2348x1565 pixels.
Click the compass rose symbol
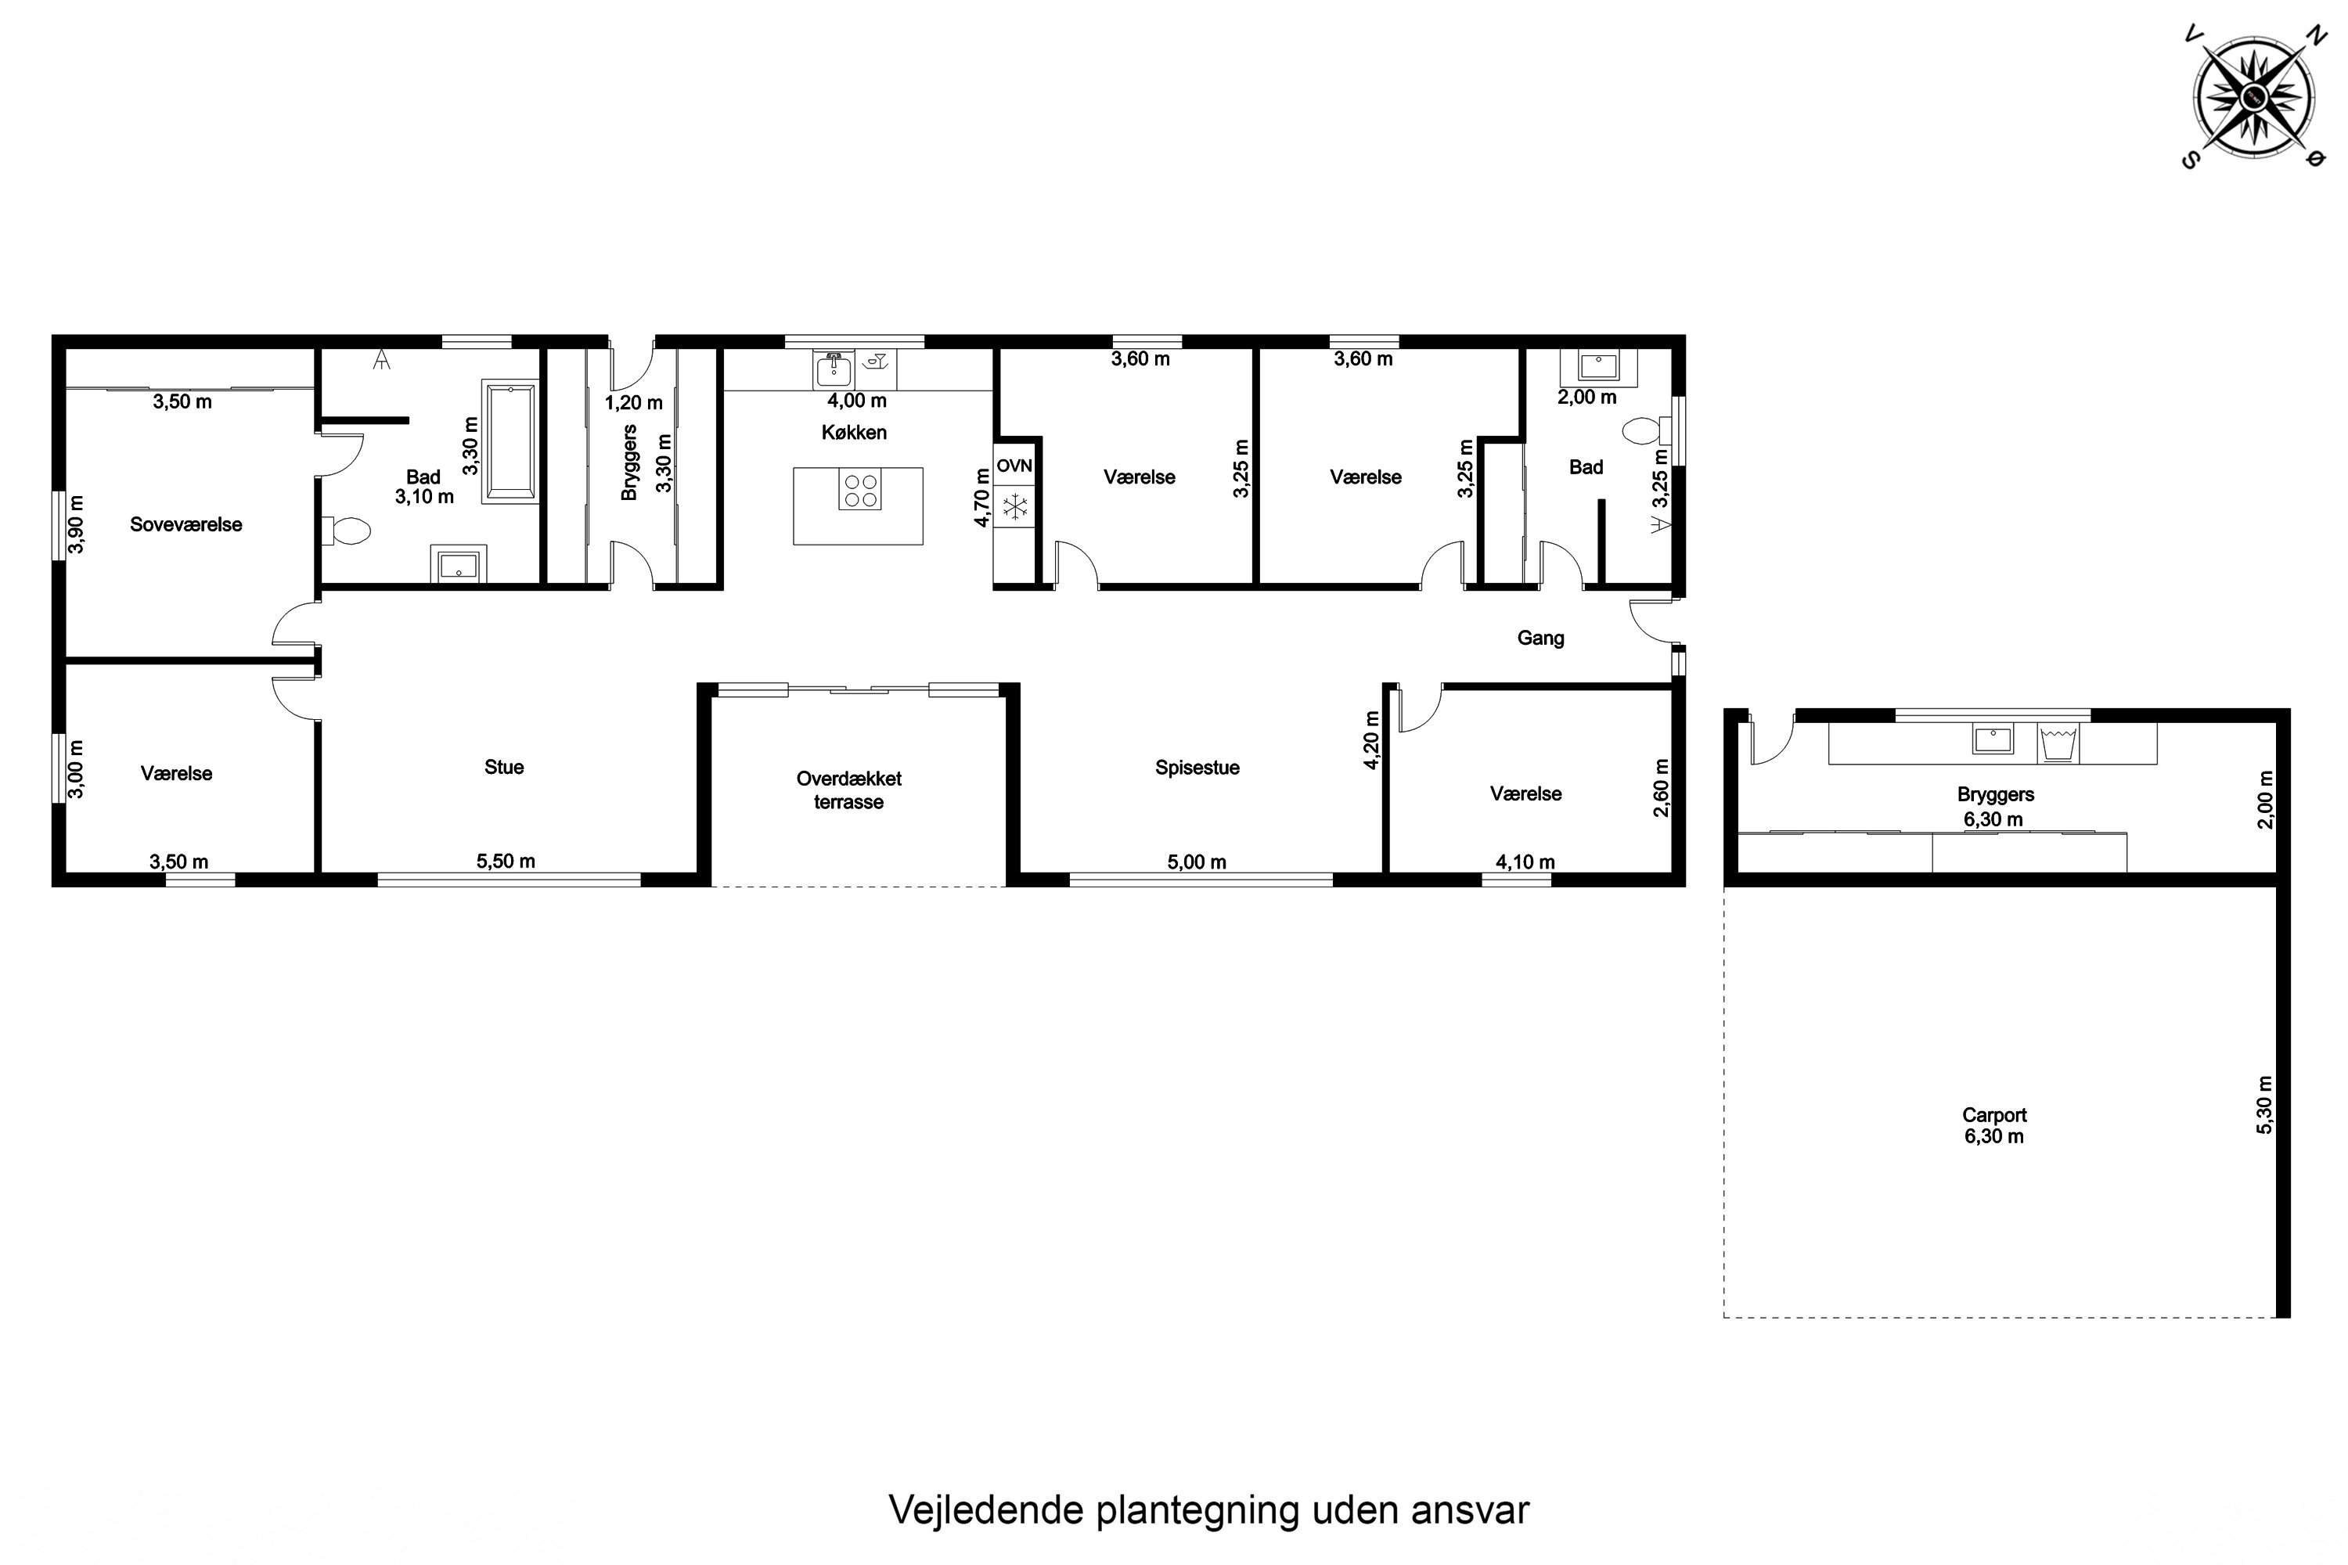(x=2253, y=97)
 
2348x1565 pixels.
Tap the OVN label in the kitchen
(x=1014, y=466)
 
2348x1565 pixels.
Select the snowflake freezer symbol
(x=1014, y=507)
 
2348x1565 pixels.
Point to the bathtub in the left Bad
(x=510, y=440)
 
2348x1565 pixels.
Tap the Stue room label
(x=503, y=768)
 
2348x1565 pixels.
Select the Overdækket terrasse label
(x=848, y=790)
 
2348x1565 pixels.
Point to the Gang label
(x=1540, y=639)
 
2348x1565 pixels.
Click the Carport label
(x=1993, y=1115)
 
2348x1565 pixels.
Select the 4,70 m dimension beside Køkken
(x=981, y=498)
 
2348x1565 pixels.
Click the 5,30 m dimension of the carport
(x=2264, y=1104)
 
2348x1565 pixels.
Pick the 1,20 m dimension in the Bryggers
(x=633, y=403)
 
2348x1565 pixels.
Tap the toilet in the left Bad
(x=348, y=530)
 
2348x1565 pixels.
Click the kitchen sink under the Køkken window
(x=833, y=370)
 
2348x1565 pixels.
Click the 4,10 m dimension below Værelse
(x=1525, y=862)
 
